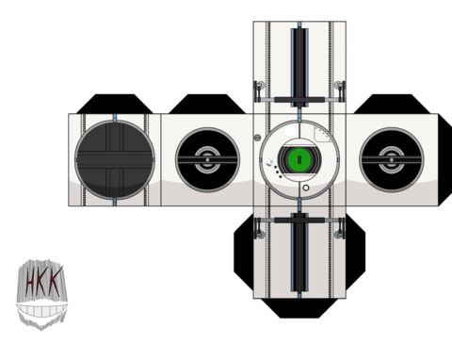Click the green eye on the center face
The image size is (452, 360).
[x=299, y=159]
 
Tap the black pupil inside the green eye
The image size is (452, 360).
[x=299, y=159]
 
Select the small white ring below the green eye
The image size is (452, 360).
[x=306, y=188]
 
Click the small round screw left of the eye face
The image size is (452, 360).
[x=257, y=138]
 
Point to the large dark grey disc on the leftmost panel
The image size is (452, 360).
[x=115, y=159]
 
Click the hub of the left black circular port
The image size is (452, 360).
[x=207, y=160]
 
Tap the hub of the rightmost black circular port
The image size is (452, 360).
[x=391, y=160]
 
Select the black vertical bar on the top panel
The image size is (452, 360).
[x=299, y=68]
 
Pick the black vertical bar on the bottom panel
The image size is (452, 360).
[x=299, y=253]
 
